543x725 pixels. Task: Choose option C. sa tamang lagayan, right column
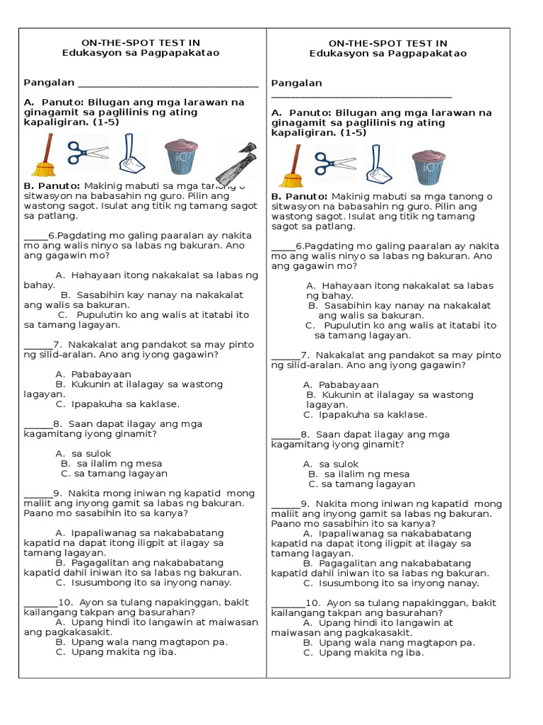tap(361, 484)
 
